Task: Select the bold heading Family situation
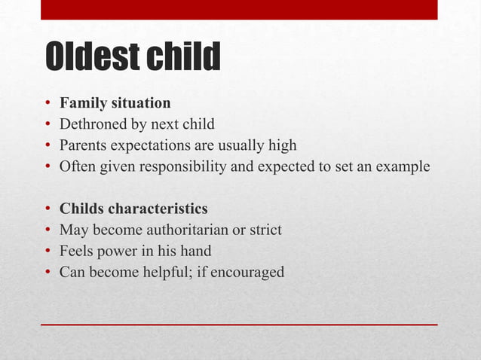115,102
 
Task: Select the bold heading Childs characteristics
133,208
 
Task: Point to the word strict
265,229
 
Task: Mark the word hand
195,250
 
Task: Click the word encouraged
248,271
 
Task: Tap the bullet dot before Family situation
47,103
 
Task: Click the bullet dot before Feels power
47,251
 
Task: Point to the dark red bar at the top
239,10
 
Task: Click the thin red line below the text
239,324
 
